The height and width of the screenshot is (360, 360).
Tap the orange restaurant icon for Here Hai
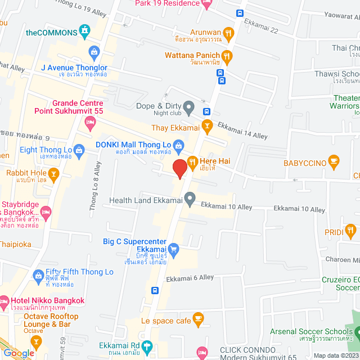(x=192, y=162)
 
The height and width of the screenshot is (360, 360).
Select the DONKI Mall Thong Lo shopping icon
(x=178, y=146)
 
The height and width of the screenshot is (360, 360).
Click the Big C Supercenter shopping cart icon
(x=173, y=248)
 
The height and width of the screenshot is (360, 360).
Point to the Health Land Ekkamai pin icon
(x=190, y=197)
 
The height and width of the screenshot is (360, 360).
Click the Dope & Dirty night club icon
(x=189, y=106)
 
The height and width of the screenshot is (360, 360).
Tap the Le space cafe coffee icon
(x=198, y=319)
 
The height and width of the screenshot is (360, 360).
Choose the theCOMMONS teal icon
(x=85, y=29)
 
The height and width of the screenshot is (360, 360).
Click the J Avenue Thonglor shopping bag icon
(x=94, y=52)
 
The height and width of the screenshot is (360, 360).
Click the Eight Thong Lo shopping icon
(x=79, y=150)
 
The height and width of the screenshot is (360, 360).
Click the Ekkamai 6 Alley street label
(x=190, y=277)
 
